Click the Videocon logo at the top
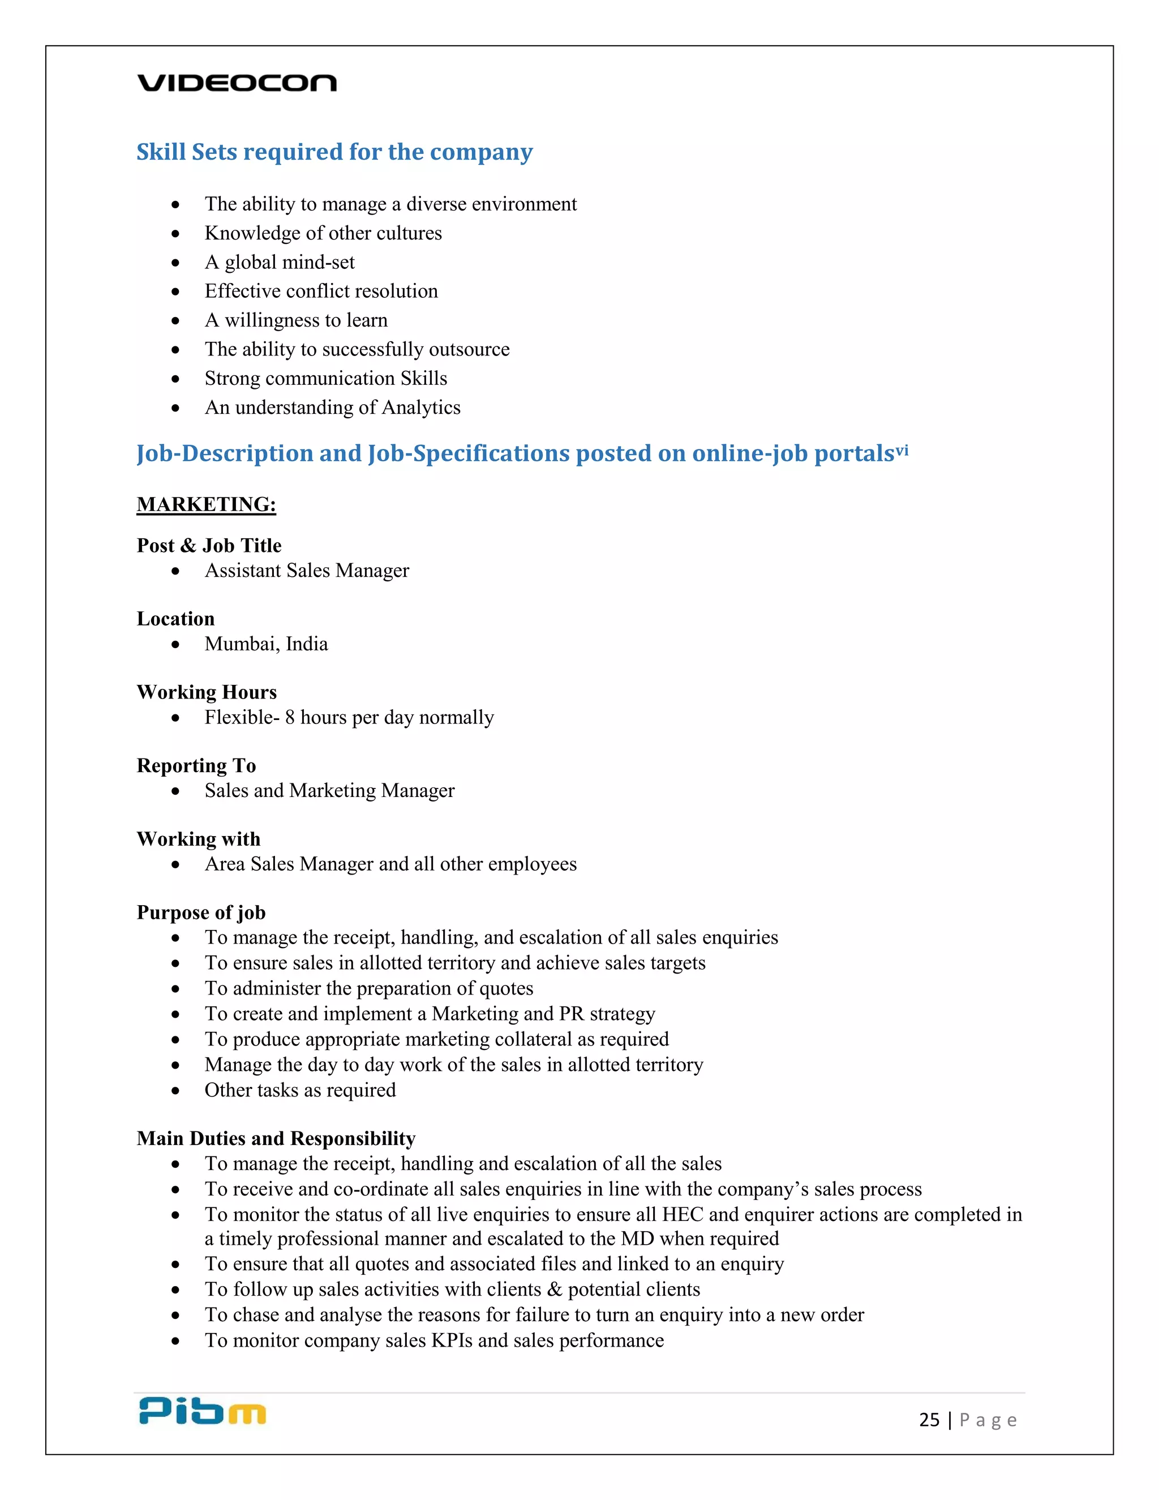click(237, 83)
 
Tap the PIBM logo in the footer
click(202, 1411)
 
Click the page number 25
click(929, 1420)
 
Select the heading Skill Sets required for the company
click(334, 152)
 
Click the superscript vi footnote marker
click(902, 451)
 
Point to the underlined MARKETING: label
click(206, 504)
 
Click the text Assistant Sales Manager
click(306, 571)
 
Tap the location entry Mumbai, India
click(266, 644)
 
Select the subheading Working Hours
click(206, 692)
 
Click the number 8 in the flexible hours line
click(290, 718)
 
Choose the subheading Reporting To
click(196, 766)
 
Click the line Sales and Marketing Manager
click(329, 791)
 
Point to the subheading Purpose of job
click(200, 913)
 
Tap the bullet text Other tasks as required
click(300, 1091)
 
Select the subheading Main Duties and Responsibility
click(276, 1139)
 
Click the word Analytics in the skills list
click(421, 408)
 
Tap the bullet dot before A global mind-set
click(176, 263)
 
